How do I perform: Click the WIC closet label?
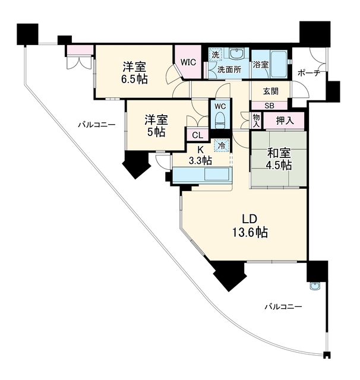click(188, 62)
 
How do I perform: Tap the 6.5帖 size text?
click(134, 79)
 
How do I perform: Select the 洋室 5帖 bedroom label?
click(156, 126)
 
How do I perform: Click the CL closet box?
click(197, 135)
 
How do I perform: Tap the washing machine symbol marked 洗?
click(216, 54)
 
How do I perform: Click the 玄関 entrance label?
click(271, 91)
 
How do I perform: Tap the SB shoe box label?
click(269, 106)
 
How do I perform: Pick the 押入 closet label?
click(285, 121)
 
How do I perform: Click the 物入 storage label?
click(256, 121)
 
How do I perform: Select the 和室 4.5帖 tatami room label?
click(279, 159)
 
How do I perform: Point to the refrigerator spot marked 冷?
click(222, 145)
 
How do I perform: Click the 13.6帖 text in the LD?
click(250, 233)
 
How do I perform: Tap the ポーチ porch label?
click(308, 72)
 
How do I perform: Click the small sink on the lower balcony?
click(315, 286)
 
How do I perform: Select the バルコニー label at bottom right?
click(283, 307)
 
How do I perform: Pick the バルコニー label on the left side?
click(96, 125)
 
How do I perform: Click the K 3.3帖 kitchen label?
click(200, 155)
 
